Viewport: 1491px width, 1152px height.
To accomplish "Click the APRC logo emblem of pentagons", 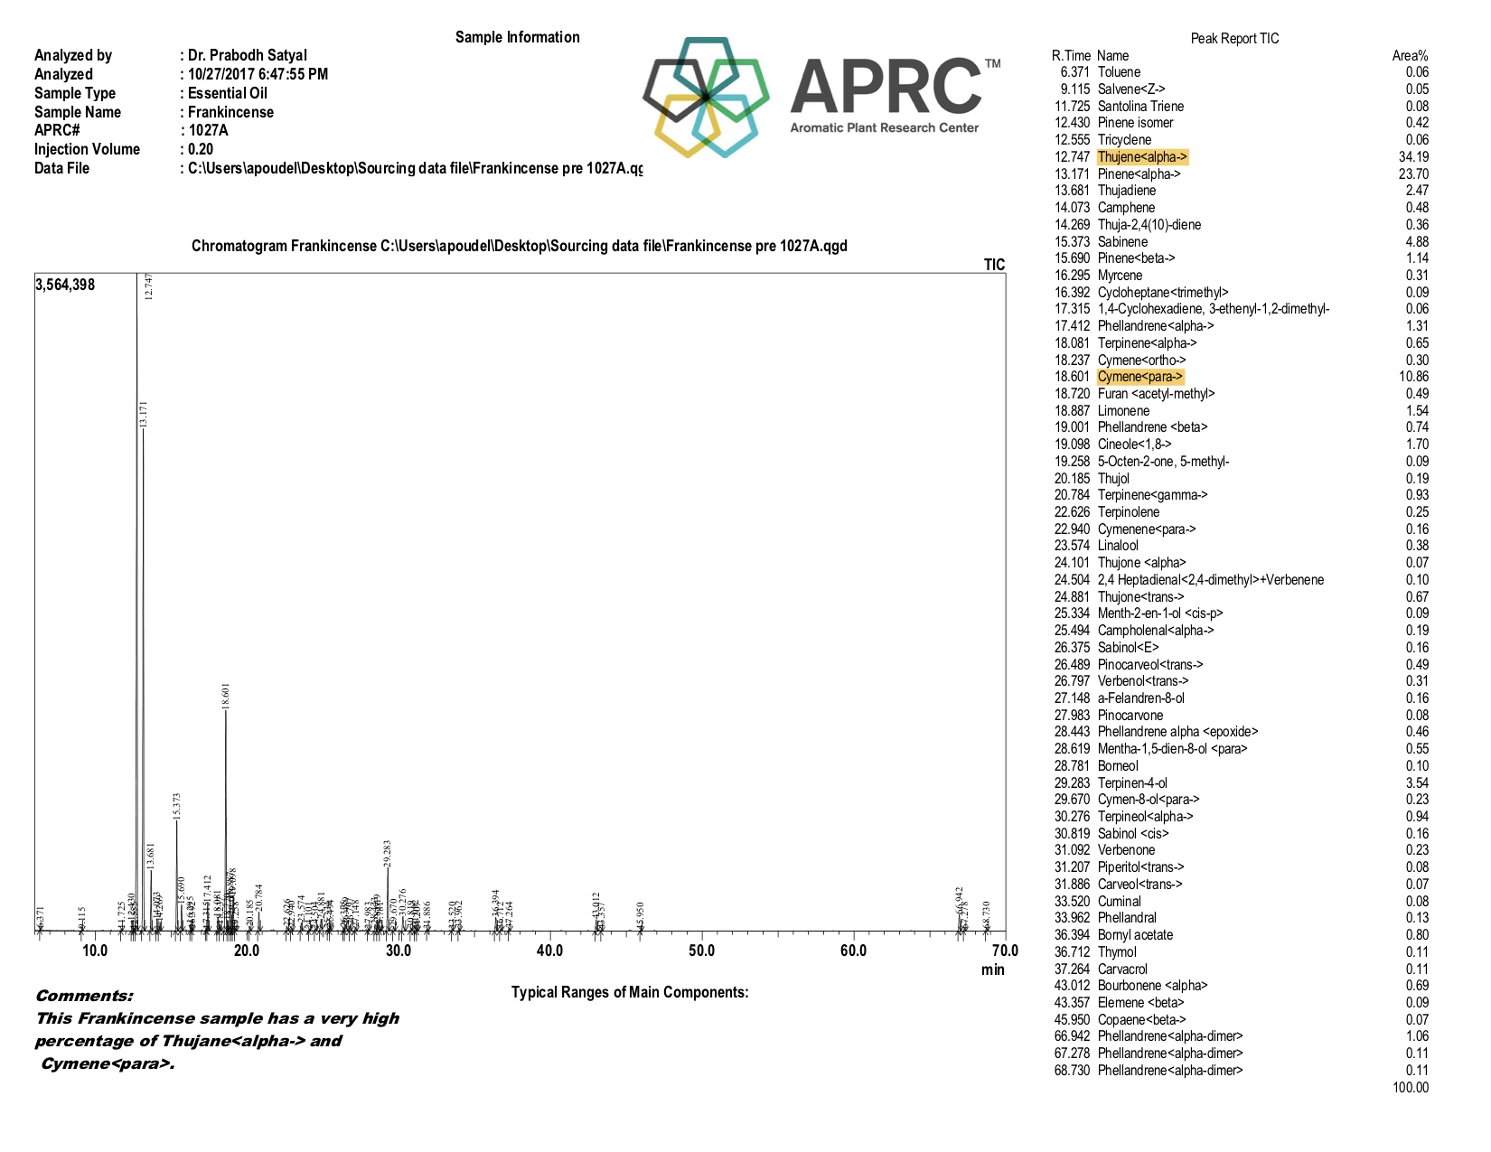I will (x=706, y=97).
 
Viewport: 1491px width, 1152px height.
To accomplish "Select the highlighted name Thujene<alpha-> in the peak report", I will (x=1142, y=157).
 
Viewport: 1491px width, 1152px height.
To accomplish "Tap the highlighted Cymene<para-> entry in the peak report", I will (x=1139, y=377).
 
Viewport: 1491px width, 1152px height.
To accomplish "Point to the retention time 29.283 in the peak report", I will (x=1073, y=783).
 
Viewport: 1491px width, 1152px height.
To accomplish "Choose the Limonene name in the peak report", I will (x=1123, y=411).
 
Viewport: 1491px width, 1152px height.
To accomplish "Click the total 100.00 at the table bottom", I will (x=1411, y=1088).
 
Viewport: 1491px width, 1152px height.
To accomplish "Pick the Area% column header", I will (x=1410, y=56).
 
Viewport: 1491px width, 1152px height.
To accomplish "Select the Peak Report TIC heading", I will (x=1234, y=39).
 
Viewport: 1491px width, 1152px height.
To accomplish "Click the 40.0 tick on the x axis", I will (x=549, y=951).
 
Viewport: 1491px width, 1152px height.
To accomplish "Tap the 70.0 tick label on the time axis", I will (x=1004, y=951).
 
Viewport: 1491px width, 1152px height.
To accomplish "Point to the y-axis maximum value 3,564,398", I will (x=65, y=285).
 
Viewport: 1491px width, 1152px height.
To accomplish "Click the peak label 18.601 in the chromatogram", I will (x=226, y=696).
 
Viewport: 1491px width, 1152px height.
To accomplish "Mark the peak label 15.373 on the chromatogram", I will (x=177, y=806).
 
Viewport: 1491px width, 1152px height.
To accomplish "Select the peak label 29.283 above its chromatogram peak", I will (x=388, y=854).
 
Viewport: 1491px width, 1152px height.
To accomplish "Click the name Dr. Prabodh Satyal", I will (x=248, y=55).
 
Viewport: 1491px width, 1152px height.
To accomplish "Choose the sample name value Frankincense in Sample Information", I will (x=230, y=112).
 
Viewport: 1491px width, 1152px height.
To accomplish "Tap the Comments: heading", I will (x=84, y=996).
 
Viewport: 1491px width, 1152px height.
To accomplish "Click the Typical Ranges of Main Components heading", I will (x=630, y=992).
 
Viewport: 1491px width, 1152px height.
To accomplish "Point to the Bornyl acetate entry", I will (x=1135, y=935).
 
